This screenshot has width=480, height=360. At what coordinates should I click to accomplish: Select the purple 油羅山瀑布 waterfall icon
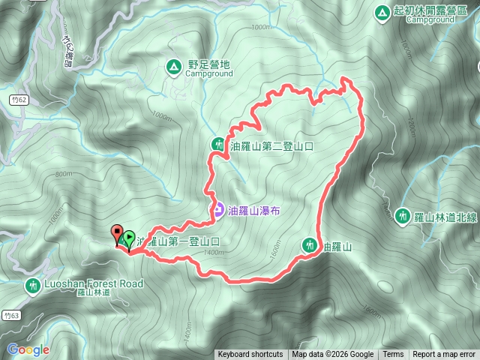click(217, 210)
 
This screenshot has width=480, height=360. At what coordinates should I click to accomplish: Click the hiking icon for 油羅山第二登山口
click(218, 144)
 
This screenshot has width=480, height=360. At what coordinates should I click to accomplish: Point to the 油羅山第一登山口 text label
click(178, 241)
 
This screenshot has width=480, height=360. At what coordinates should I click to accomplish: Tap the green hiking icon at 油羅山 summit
click(310, 244)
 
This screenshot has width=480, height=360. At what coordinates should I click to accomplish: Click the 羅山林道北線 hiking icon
click(402, 215)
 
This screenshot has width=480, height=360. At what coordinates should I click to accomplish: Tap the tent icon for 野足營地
click(173, 68)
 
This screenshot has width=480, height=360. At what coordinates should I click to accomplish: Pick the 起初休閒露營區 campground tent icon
click(382, 12)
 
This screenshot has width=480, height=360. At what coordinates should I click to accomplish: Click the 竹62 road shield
click(20, 99)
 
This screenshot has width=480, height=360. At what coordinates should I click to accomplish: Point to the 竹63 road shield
click(9, 315)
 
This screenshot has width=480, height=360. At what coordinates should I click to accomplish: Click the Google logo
click(28, 349)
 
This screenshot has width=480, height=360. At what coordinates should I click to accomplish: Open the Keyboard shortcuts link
click(250, 355)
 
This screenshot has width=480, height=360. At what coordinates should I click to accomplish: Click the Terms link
click(393, 355)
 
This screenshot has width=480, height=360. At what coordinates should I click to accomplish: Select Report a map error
click(444, 355)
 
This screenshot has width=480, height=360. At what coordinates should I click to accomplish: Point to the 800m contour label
click(63, 174)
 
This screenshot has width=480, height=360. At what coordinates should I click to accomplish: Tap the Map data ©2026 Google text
click(333, 355)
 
